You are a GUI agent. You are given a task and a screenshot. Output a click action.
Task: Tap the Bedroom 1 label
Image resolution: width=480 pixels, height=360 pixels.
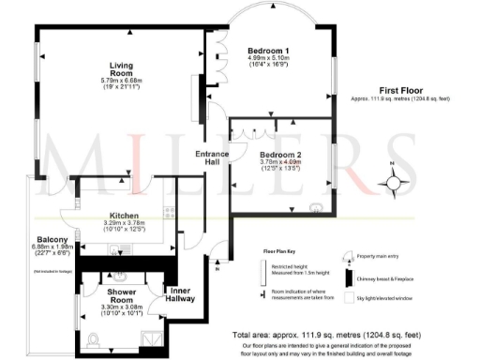click(267, 50)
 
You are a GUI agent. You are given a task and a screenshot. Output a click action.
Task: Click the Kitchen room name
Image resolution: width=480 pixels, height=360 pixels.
click(124, 214)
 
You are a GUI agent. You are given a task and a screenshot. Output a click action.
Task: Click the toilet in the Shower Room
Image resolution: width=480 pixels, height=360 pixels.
click(95, 339)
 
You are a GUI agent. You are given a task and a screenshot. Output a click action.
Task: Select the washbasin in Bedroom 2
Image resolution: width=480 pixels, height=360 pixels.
click(317, 206)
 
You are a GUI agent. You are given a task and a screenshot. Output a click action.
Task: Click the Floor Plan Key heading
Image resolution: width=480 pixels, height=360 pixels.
click(282, 252)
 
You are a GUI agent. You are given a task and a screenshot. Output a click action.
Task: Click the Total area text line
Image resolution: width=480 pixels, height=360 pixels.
click(329, 333)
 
